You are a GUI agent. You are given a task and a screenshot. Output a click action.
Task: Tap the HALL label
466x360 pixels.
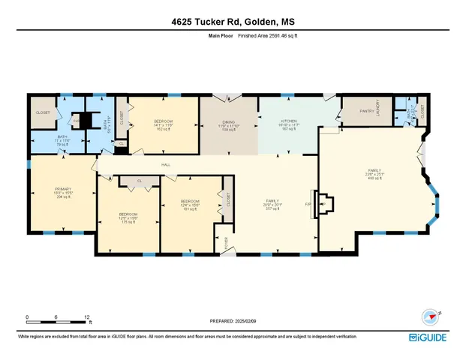[x=164, y=165]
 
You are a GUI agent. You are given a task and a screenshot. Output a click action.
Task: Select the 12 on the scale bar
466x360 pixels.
[x=88, y=317]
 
